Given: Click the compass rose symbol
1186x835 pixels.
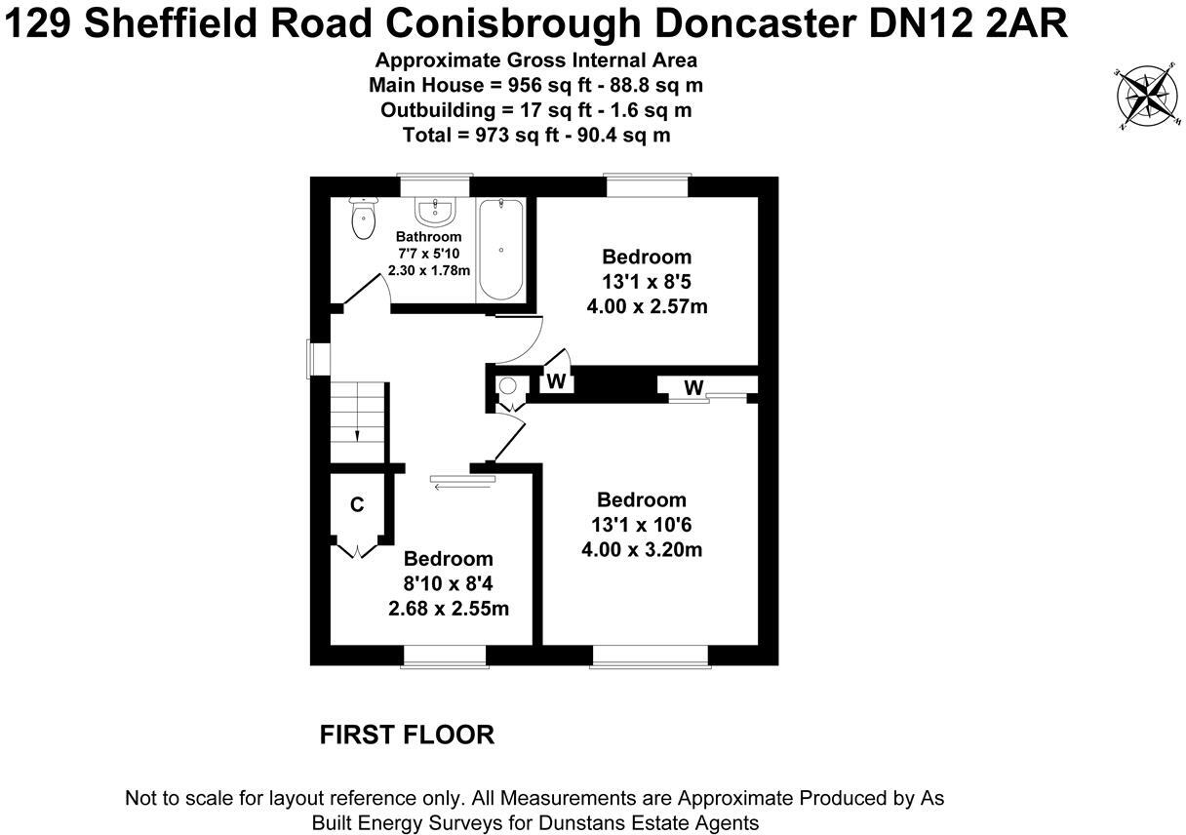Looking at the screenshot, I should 1145,97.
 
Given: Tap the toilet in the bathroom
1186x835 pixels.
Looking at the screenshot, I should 364,219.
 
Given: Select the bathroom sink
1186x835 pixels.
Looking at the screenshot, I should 433,210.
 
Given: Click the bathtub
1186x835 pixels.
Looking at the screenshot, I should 500,250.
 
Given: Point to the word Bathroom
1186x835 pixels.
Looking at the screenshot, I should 429,237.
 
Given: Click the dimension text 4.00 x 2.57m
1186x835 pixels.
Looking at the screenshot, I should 647,306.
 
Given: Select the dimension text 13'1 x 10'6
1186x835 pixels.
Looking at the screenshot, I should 642,525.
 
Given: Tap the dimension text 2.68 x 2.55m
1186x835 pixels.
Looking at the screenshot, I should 449,609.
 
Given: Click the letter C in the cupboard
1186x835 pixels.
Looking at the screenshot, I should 357,505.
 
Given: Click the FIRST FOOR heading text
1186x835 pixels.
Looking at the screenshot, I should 407,735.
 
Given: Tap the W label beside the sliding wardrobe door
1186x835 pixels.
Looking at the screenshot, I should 693,388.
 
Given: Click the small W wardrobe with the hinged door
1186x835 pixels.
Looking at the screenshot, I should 556,380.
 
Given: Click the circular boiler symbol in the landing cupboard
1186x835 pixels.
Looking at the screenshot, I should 508,385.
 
